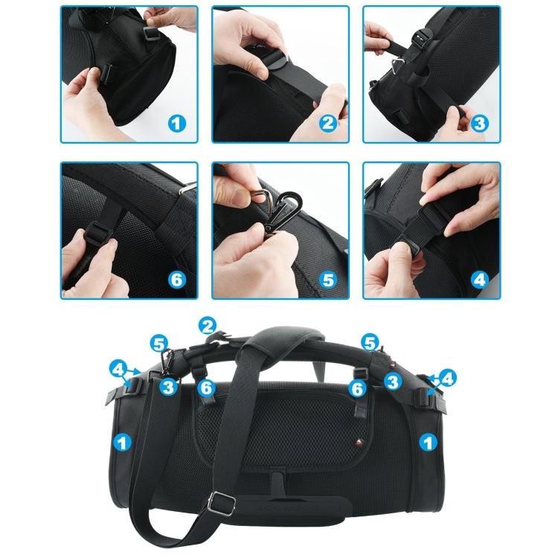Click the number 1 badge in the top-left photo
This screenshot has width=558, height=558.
(x=176, y=123)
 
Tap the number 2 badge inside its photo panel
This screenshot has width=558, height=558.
(x=328, y=123)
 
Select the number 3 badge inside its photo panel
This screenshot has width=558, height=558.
(x=480, y=123)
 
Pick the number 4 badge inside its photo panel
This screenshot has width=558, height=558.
(x=480, y=280)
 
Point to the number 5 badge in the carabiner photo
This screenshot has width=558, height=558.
(x=328, y=280)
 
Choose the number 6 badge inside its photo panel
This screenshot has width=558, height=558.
(x=176, y=280)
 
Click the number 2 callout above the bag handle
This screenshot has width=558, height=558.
(x=208, y=325)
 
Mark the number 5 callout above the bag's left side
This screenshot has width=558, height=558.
(x=158, y=343)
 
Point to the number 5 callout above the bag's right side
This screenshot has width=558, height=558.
(x=370, y=343)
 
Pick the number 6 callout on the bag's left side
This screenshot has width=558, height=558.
(x=207, y=387)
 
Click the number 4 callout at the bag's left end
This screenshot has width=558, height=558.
(x=118, y=368)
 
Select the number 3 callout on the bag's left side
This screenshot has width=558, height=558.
(x=168, y=387)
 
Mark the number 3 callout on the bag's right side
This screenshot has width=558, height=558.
(x=392, y=382)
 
